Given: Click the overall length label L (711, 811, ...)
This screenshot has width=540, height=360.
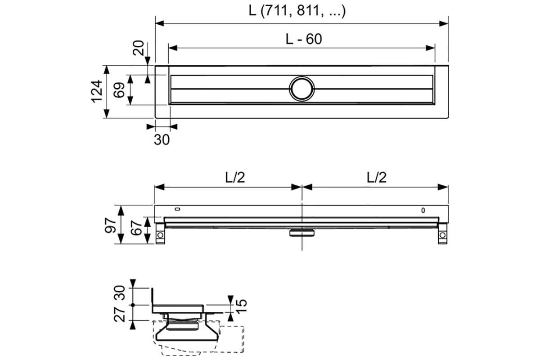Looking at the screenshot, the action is click(x=297, y=11).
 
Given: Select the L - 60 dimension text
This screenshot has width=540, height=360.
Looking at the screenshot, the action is click(x=304, y=39).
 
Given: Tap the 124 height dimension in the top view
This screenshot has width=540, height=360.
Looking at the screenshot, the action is click(x=97, y=92).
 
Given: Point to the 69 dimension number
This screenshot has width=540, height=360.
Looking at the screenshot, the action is click(x=119, y=90).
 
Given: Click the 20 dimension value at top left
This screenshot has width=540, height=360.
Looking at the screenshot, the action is click(x=139, y=48).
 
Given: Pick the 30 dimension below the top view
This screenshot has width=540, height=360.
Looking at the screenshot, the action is click(x=162, y=140).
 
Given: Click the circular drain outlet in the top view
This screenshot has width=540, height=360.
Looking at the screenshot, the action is click(x=302, y=89).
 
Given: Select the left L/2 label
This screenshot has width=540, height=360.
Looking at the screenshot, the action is click(x=235, y=177).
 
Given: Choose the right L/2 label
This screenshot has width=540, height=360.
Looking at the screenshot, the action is click(x=377, y=177).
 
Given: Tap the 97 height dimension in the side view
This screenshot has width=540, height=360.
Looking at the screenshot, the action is click(x=110, y=225).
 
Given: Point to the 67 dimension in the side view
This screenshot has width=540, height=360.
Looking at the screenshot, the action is click(x=136, y=228).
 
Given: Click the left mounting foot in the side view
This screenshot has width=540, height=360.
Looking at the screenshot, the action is click(x=160, y=234).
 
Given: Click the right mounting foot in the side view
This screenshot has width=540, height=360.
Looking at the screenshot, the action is click(x=443, y=234).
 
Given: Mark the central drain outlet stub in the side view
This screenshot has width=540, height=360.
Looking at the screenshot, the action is click(x=302, y=233).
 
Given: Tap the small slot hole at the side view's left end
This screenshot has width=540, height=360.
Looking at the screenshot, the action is click(x=178, y=209).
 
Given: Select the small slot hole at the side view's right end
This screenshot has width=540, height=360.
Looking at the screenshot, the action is click(x=423, y=211).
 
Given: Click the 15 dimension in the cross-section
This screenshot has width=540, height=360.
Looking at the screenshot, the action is click(x=241, y=306).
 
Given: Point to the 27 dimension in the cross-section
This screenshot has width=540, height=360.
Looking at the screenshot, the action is click(x=120, y=314).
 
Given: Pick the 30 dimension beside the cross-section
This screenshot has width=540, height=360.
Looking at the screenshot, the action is click(x=120, y=293).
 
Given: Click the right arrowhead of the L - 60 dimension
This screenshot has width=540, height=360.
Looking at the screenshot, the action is click(x=430, y=48).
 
